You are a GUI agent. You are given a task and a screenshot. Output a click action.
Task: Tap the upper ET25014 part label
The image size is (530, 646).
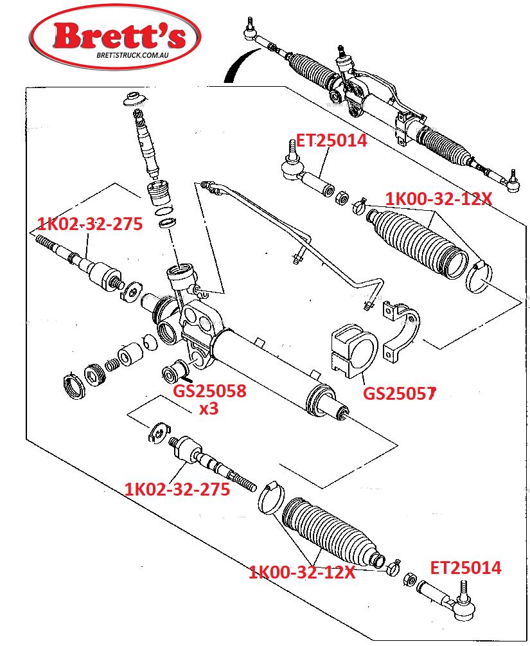(331, 141)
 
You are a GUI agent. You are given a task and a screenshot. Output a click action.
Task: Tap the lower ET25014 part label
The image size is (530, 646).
(465, 568)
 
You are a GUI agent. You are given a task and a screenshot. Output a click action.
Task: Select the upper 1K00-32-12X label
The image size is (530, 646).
(439, 199)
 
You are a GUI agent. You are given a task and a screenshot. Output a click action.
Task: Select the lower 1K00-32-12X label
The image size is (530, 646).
(301, 572)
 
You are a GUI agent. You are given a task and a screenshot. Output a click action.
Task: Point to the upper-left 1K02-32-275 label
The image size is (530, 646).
(90, 224)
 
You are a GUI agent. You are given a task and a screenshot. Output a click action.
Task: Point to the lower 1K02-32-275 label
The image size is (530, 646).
(177, 489)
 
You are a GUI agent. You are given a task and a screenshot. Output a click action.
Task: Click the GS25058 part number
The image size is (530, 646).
(209, 391)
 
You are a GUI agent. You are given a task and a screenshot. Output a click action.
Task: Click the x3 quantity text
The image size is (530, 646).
(209, 409)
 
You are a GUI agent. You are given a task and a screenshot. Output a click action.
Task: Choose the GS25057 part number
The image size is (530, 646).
(399, 393)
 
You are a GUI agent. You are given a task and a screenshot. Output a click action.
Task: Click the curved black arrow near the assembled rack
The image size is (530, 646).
(242, 64)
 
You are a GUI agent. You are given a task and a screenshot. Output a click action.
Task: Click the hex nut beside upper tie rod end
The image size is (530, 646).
(341, 198)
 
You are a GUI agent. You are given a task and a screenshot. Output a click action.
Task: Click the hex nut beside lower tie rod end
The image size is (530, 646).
(409, 580)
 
